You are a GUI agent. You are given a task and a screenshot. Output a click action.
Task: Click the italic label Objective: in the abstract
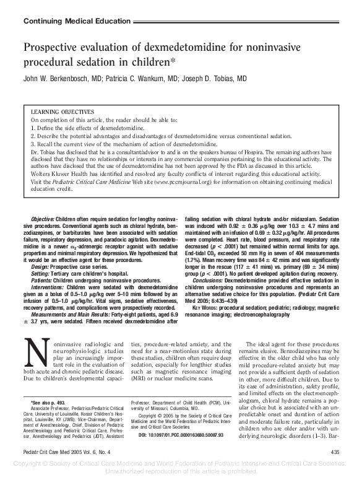point(42,220)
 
